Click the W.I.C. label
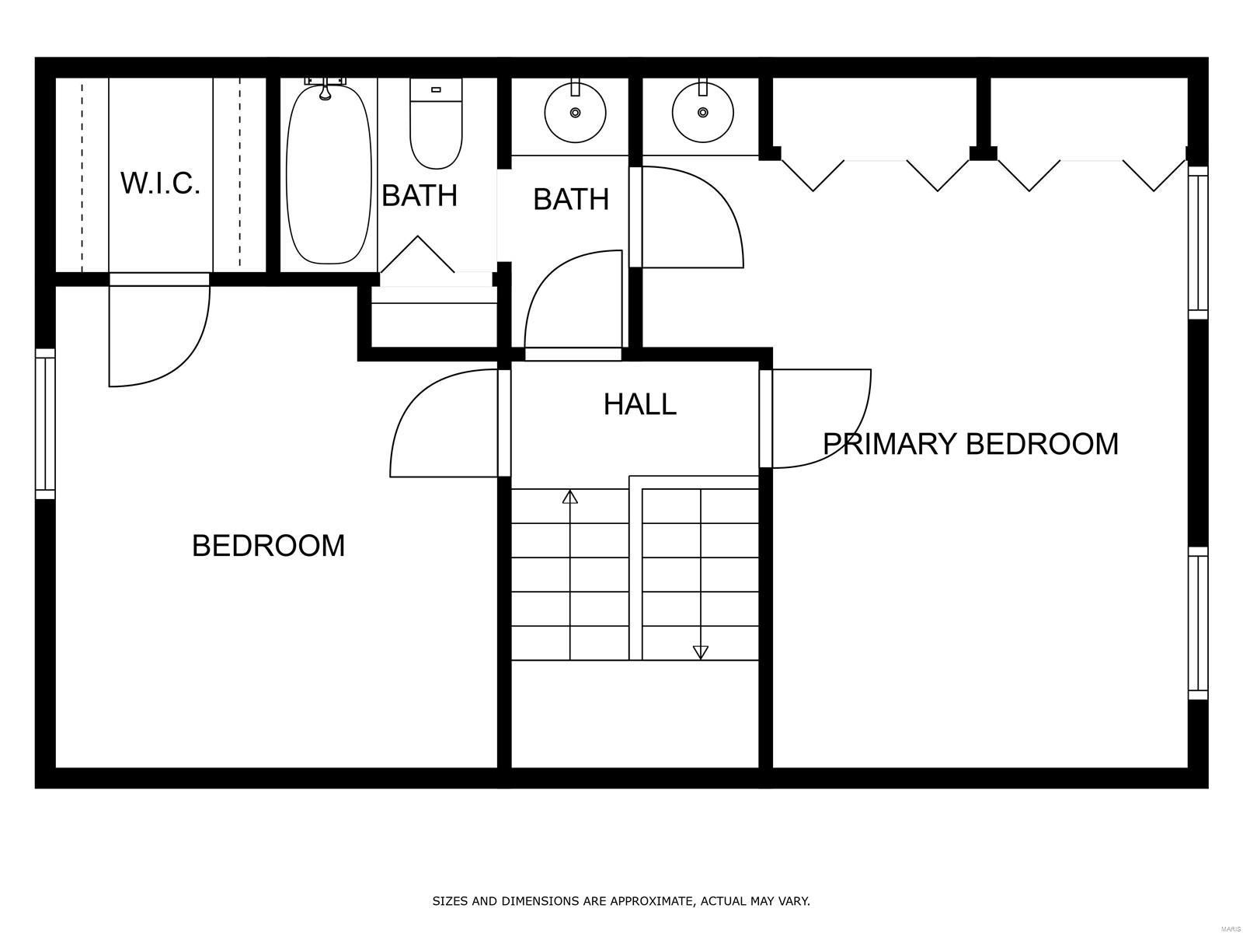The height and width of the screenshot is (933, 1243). coord(160,183)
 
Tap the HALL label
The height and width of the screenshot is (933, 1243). coord(640,404)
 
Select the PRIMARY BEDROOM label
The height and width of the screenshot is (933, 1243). coord(970,443)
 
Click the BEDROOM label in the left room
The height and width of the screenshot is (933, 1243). coord(269,546)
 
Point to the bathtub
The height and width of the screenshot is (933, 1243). coord(329,174)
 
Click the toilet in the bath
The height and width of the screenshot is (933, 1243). coord(436,124)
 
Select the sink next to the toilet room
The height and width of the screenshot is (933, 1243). coord(576,112)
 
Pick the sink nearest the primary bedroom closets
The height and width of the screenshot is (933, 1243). coord(703,112)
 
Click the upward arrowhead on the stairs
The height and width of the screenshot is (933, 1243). coord(569,498)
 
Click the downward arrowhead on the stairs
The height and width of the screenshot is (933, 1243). coord(701,652)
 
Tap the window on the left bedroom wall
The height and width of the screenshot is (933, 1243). coord(45,424)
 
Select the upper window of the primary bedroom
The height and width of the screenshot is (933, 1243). coord(1198,243)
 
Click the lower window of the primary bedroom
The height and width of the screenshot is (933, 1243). coord(1198,623)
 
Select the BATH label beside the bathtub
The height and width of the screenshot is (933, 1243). coord(420,195)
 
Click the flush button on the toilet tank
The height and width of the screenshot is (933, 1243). coord(436,89)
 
